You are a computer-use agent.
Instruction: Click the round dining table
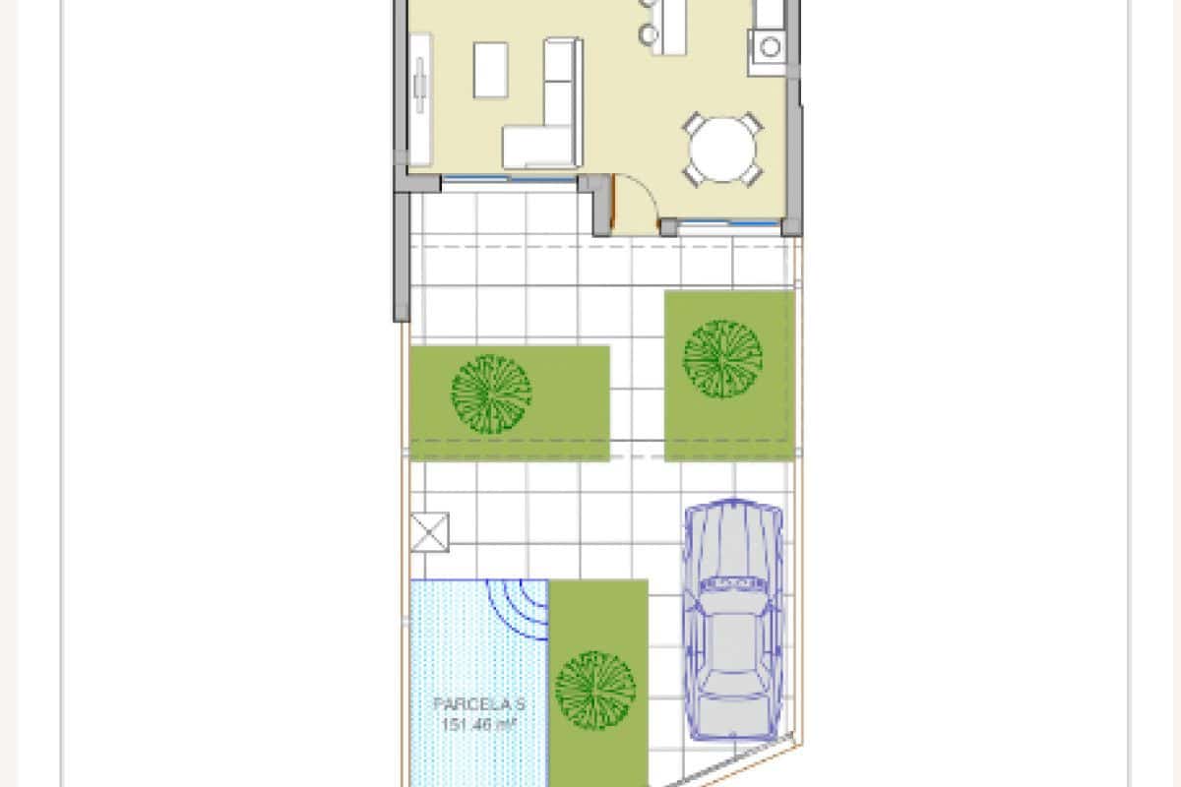(723, 151)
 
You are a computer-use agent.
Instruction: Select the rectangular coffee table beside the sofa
(490, 69)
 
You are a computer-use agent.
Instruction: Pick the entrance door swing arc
(635, 202)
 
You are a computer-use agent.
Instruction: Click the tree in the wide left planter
(491, 393)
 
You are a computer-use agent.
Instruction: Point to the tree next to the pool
(594, 689)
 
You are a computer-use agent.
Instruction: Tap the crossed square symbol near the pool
(429, 531)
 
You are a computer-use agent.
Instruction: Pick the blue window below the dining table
(729, 225)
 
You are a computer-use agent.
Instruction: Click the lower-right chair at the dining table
(754, 176)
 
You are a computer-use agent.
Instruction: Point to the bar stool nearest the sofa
(647, 35)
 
